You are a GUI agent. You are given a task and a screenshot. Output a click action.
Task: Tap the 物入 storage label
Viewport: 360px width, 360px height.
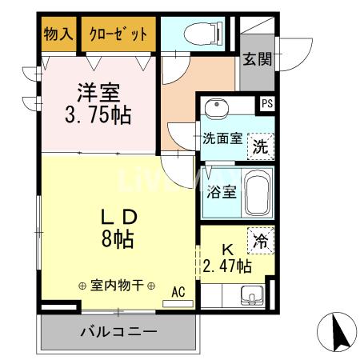[58, 34]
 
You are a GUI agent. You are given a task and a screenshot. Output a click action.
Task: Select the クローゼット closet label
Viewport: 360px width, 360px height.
[118, 34]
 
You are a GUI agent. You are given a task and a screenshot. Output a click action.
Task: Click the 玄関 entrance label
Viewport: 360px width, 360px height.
[258, 58]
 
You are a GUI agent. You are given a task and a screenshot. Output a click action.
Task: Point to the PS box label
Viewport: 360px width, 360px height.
[266, 102]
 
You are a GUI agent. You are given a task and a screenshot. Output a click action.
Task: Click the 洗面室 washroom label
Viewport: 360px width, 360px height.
[220, 138]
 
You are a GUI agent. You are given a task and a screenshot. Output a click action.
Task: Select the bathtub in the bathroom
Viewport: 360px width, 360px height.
[258, 194]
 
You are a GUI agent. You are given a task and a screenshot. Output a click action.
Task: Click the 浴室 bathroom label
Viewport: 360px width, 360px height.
[220, 192]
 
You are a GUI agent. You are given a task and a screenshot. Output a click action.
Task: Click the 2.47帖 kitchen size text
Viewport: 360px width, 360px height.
[227, 266]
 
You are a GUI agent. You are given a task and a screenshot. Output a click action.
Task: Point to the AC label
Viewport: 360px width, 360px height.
[178, 292]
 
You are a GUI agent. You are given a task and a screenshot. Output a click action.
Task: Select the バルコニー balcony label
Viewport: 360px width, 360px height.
[118, 331]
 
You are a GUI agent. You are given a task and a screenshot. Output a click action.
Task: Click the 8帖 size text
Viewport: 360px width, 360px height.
[118, 238]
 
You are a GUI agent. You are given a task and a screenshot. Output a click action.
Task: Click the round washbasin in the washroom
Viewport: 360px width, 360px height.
[213, 109]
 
